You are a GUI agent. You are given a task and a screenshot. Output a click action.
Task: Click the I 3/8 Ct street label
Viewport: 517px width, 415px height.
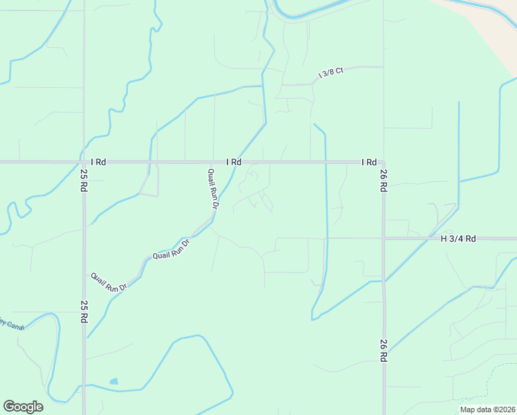(x=330, y=73)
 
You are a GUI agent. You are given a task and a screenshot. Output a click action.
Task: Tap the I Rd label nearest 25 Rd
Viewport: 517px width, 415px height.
(x=98, y=162)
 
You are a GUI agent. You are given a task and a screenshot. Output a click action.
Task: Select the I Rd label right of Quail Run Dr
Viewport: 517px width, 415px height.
(x=234, y=162)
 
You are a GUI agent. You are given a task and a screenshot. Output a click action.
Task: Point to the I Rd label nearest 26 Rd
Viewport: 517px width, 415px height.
(x=369, y=162)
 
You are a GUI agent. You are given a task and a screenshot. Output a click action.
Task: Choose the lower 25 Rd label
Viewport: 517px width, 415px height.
(x=84, y=312)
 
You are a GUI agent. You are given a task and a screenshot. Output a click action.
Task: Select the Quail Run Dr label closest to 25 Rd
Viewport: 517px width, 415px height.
(x=109, y=282)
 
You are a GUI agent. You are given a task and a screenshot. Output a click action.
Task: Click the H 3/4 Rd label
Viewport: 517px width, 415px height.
(x=459, y=239)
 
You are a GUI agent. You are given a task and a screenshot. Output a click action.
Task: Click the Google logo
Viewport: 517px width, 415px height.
(x=23, y=407)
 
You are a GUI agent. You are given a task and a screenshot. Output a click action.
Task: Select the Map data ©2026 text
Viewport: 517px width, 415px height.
(x=487, y=409)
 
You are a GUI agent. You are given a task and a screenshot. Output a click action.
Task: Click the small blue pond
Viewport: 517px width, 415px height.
(x=113, y=381)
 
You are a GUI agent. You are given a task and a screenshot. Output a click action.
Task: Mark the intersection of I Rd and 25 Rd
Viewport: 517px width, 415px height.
(x=84, y=162)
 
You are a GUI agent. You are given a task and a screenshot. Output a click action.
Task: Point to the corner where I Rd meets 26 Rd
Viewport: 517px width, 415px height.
(x=383, y=163)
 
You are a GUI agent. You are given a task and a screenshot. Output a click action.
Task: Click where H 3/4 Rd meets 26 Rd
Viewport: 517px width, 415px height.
(x=384, y=239)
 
